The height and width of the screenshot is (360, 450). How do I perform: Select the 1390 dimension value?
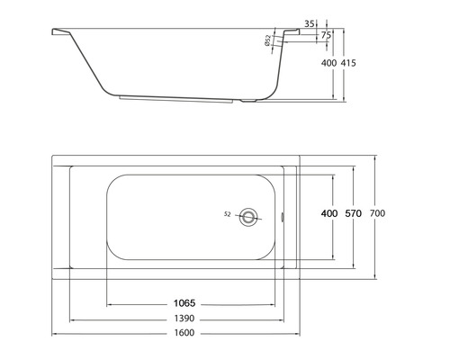[x=184, y=320]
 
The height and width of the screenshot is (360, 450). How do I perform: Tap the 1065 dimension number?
[x=184, y=303]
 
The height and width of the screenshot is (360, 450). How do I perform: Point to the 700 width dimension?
[x=378, y=213]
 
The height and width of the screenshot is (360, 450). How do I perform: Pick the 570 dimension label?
[x=353, y=213]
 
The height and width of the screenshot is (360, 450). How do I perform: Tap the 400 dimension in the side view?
[x=328, y=64]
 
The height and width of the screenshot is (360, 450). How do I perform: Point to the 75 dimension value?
[x=326, y=35]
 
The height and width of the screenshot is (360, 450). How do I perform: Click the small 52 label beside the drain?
[x=228, y=214]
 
